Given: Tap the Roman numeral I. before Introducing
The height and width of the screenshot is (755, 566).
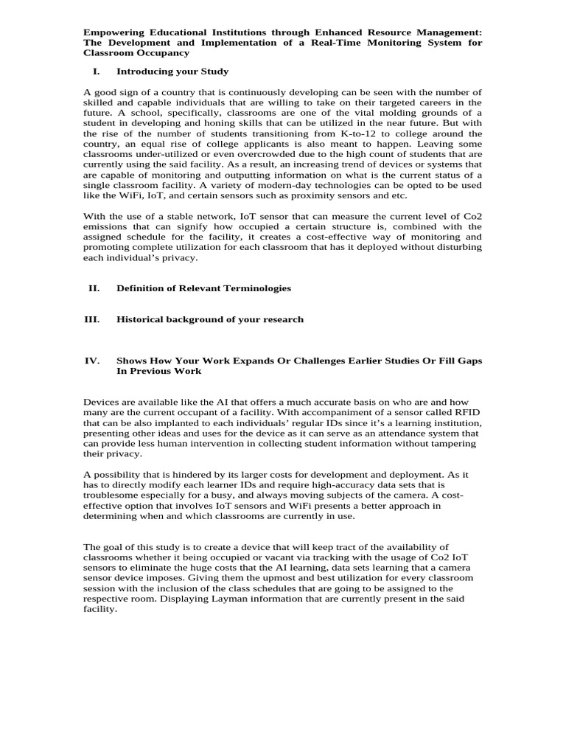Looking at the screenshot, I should tap(96, 72).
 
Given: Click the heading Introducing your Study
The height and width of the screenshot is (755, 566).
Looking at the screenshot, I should tap(172, 72).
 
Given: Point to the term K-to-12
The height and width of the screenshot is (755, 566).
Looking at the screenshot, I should tap(365, 133).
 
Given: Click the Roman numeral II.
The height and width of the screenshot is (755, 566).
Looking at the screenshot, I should tap(94, 288).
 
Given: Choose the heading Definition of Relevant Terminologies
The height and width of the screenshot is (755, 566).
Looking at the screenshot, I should tap(203, 288).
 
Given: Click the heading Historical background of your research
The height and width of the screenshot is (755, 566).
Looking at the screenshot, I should tap(209, 319).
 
